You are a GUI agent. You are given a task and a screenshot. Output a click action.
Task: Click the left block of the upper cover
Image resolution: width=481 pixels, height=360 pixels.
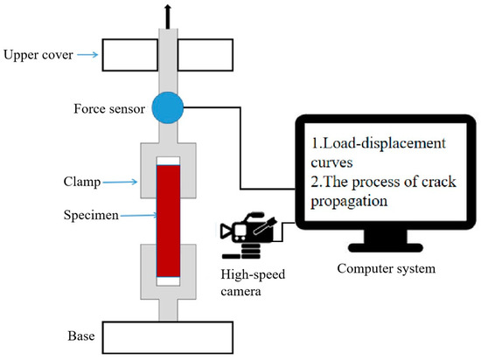coord(129,54)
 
